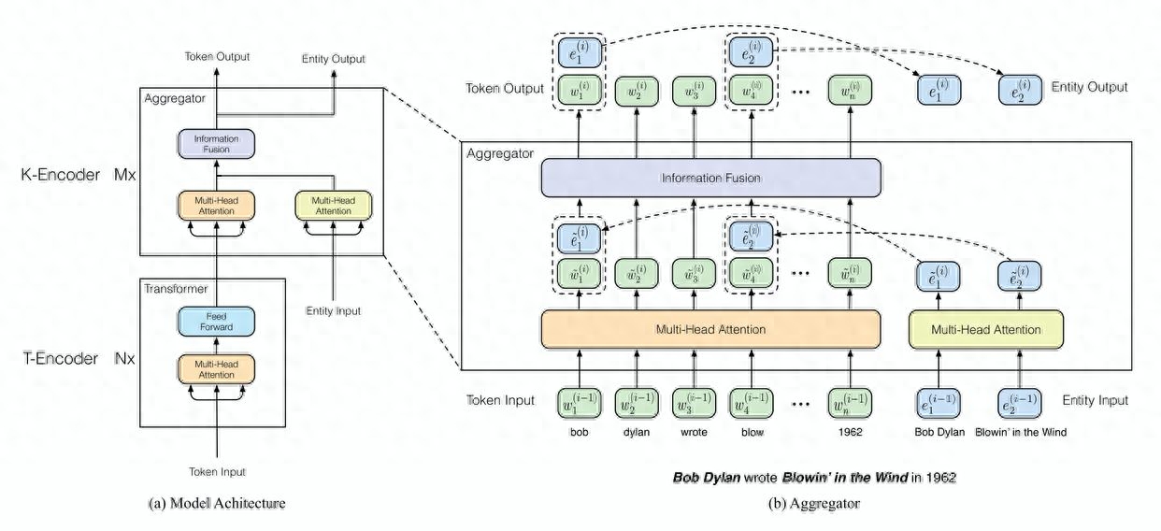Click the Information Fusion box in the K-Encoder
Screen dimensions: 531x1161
click(216, 143)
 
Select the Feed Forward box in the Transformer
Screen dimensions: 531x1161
click(216, 323)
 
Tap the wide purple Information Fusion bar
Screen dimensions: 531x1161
click(710, 178)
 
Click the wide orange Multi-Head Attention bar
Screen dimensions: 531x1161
click(710, 329)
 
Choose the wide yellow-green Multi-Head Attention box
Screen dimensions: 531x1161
click(985, 329)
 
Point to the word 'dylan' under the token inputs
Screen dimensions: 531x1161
click(636, 433)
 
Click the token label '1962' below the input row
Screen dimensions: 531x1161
click(851, 433)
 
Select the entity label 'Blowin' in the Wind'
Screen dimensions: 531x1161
click(1020, 433)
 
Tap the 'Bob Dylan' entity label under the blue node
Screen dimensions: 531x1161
click(939, 433)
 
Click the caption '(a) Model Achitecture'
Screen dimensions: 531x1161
click(217, 503)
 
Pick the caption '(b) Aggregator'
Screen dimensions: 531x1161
click(813, 503)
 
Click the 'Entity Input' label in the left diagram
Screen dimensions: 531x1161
click(333, 310)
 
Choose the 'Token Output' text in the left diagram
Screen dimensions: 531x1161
click(217, 57)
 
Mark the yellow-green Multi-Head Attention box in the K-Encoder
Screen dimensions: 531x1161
click(333, 206)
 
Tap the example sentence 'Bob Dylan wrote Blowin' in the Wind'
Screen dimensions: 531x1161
click(813, 477)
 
